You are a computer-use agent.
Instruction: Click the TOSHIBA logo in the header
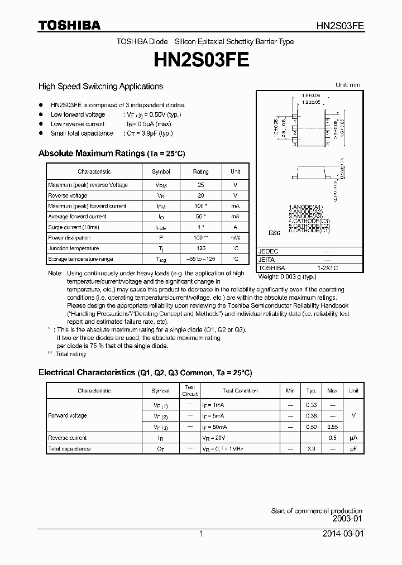69,26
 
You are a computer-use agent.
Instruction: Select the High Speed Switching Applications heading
100,87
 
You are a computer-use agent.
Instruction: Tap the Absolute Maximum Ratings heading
111,153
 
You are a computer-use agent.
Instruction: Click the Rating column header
200,172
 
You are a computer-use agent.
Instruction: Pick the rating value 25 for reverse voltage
200,185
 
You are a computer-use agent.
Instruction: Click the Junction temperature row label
74,248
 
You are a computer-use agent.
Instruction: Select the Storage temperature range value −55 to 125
200,259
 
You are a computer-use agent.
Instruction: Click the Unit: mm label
347,85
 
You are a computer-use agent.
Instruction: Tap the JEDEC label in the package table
269,252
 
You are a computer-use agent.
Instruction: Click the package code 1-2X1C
328,269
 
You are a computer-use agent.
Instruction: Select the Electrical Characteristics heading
145,372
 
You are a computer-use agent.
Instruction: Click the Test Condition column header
240,391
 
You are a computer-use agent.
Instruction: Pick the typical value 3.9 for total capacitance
312,449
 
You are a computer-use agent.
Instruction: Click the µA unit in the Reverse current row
353,438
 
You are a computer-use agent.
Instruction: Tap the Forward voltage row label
68,416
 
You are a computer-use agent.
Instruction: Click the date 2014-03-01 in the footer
343,534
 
